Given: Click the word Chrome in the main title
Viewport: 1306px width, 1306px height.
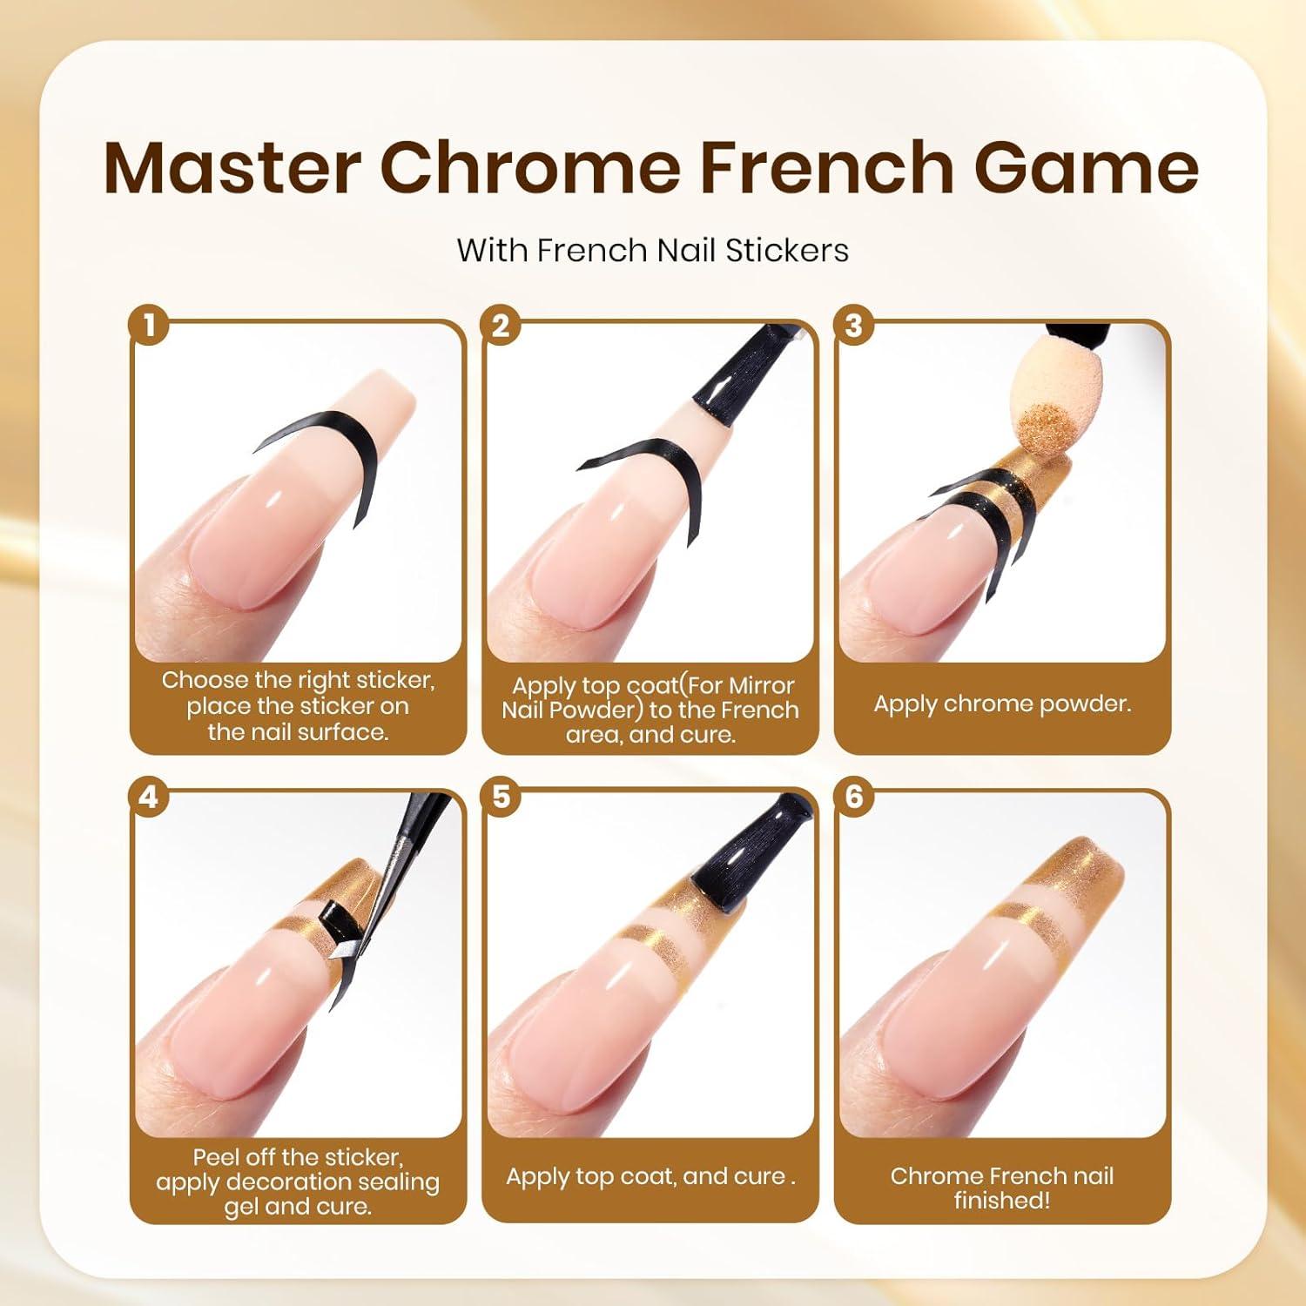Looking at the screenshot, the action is [x=529, y=167].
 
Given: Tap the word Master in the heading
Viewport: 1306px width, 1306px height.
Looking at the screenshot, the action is [x=232, y=167].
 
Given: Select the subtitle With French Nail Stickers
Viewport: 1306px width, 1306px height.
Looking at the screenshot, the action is [x=652, y=251].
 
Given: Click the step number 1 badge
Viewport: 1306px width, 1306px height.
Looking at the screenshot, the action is [x=150, y=326].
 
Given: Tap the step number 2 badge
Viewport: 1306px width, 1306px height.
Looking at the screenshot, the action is [x=502, y=326].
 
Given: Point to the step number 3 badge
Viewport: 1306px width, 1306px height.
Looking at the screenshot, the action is [x=854, y=326].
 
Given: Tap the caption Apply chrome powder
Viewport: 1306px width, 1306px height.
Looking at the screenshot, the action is [x=1003, y=703].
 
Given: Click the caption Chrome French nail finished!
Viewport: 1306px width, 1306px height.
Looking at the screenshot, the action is [x=1002, y=1188].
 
